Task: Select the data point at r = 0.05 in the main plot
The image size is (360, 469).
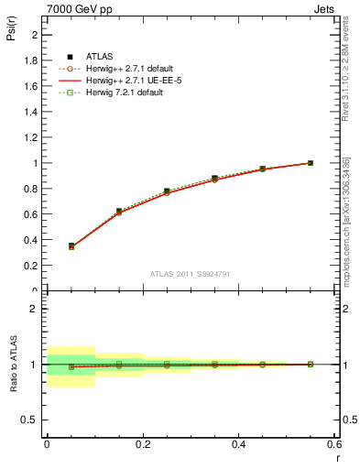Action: click(x=71, y=246)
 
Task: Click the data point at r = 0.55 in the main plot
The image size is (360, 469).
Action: click(x=310, y=163)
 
